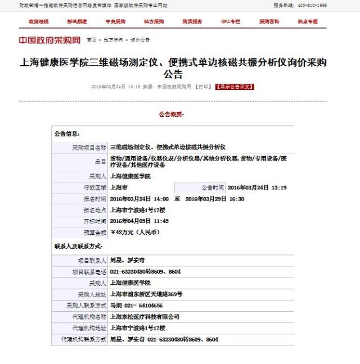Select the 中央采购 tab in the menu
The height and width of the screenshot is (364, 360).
point(115,21)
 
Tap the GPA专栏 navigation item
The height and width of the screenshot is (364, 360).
point(231,21)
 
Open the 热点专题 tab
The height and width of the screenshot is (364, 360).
point(308,21)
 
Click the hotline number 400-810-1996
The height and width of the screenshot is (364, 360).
point(311,5)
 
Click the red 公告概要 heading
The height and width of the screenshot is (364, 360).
point(171,114)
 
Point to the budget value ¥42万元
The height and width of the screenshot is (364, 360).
point(135,232)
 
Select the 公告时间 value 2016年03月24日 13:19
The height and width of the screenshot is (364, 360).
point(256,187)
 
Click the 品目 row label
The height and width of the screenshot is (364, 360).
point(100,162)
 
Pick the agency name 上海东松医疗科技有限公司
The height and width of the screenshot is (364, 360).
point(145,317)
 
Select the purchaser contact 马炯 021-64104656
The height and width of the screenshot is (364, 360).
point(136,306)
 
